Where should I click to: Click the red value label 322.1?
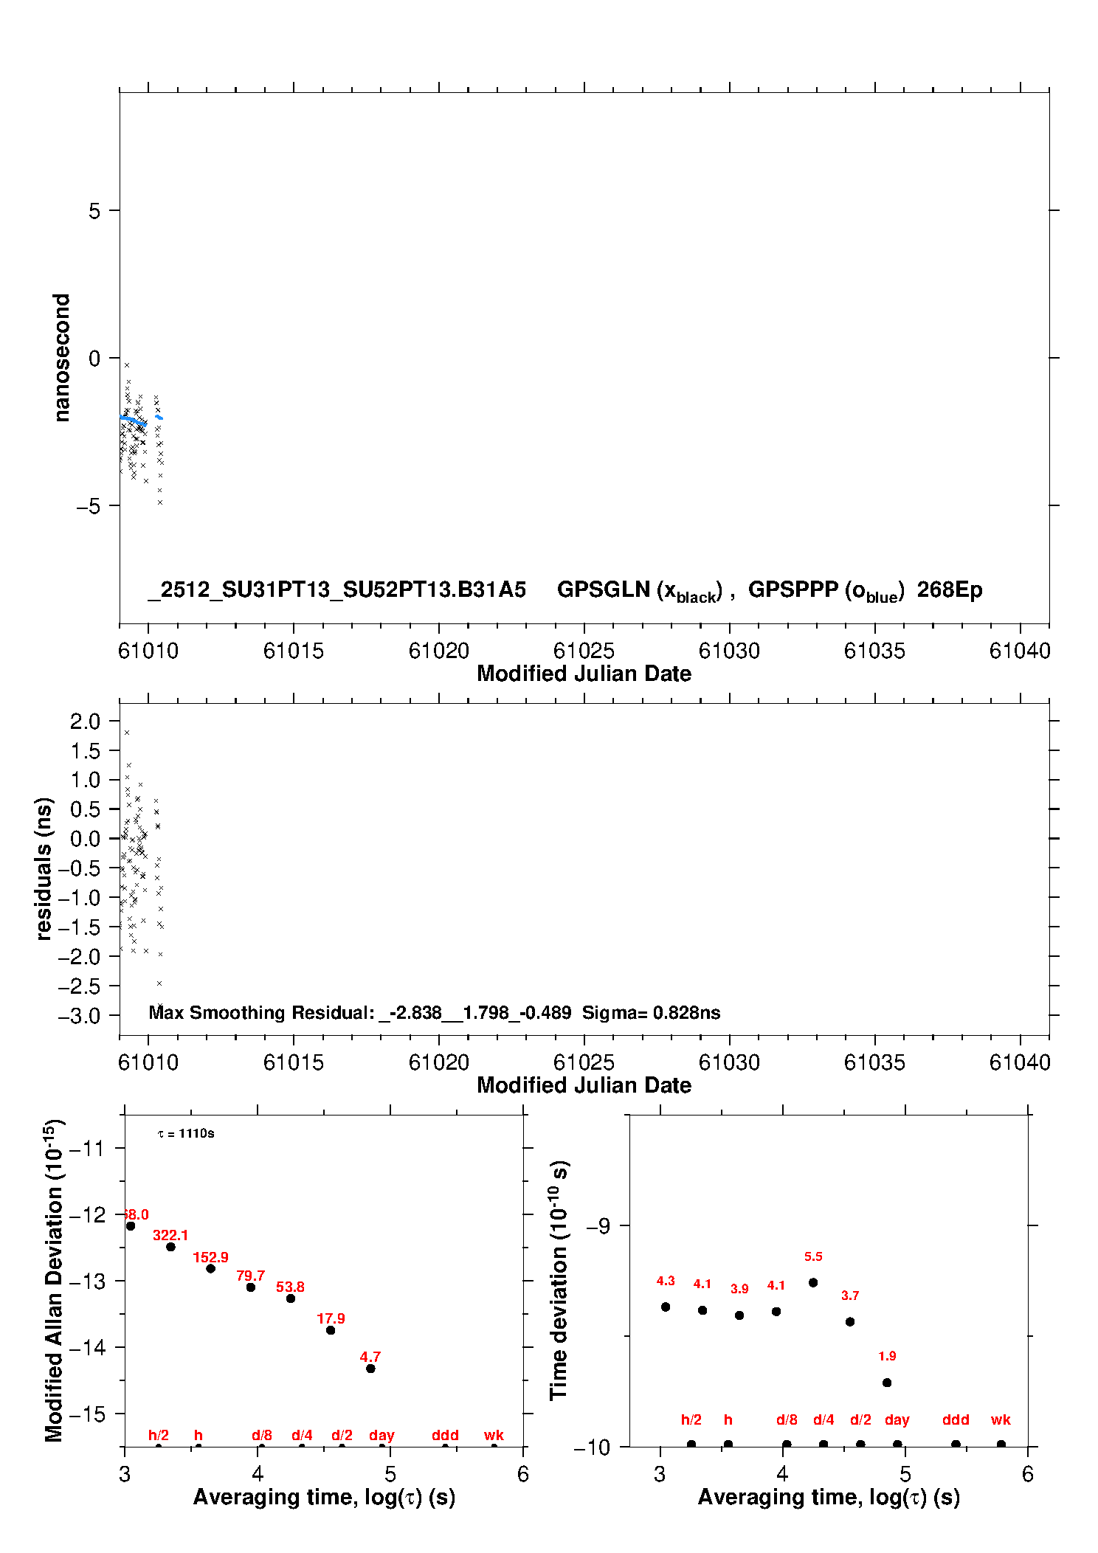(170, 1235)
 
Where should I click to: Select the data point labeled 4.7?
(370, 1369)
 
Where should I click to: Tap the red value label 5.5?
(813, 1256)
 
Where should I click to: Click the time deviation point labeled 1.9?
(887, 1383)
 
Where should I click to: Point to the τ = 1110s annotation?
(186, 1134)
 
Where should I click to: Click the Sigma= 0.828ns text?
(651, 1013)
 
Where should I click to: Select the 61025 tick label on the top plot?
(584, 651)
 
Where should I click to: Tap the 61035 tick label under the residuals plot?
(874, 1063)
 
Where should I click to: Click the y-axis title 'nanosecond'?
(62, 358)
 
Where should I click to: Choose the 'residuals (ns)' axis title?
(44, 868)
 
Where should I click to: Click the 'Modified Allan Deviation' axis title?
(55, 1281)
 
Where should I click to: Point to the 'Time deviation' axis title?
(559, 1281)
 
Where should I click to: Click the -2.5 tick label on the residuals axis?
(79, 986)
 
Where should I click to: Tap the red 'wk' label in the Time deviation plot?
(1001, 1420)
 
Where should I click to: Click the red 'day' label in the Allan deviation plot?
(381, 1436)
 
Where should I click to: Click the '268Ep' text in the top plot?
(950, 590)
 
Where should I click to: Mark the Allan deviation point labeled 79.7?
(251, 1287)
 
